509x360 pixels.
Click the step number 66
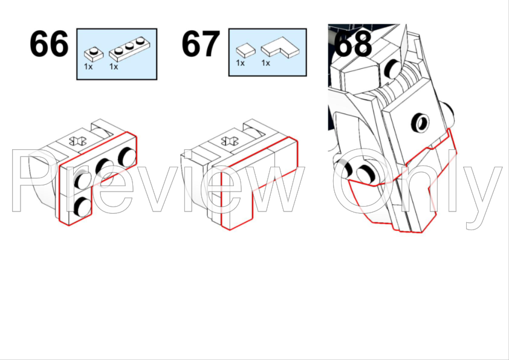point(49,43)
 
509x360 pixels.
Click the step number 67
point(201,43)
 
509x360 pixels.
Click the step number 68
point(353,43)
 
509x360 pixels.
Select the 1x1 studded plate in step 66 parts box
point(94,54)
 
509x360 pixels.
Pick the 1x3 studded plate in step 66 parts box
point(129,50)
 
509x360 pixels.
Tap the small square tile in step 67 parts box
point(245,51)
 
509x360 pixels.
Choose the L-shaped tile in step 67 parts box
point(280,47)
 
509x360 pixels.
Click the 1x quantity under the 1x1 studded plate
point(88,66)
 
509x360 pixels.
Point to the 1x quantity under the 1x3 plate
point(114,66)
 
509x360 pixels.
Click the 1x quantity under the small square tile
point(240,63)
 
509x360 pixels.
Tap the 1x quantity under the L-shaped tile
point(265,63)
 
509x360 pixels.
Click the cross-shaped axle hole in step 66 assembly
point(78,141)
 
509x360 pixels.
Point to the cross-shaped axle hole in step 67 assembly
point(230,141)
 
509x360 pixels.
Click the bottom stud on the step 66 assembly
point(82,207)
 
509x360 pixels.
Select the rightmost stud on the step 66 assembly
point(126,156)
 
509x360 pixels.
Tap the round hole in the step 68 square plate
point(421,123)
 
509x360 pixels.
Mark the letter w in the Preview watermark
point(272,188)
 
